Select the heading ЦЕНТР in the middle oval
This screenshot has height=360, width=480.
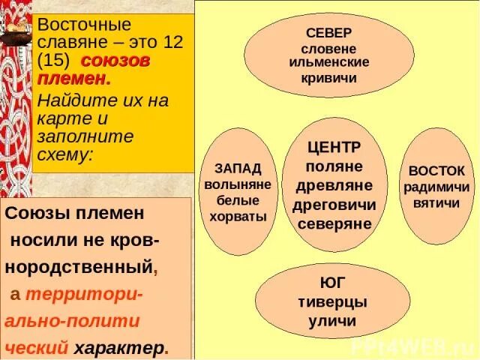pyautogui.click(x=334, y=146)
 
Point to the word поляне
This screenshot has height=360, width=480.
pyautogui.click(x=334, y=165)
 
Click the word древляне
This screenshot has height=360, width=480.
pyautogui.click(x=334, y=184)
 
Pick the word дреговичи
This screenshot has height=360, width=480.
pyautogui.click(x=335, y=204)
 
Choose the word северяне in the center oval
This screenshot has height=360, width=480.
pyautogui.click(x=334, y=223)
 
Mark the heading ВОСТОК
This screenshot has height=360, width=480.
pyautogui.click(x=437, y=170)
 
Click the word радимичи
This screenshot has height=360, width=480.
pyautogui.click(x=437, y=187)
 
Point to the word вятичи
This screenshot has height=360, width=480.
pyautogui.click(x=437, y=203)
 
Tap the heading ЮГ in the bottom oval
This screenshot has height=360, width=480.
pyautogui.click(x=327, y=283)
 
